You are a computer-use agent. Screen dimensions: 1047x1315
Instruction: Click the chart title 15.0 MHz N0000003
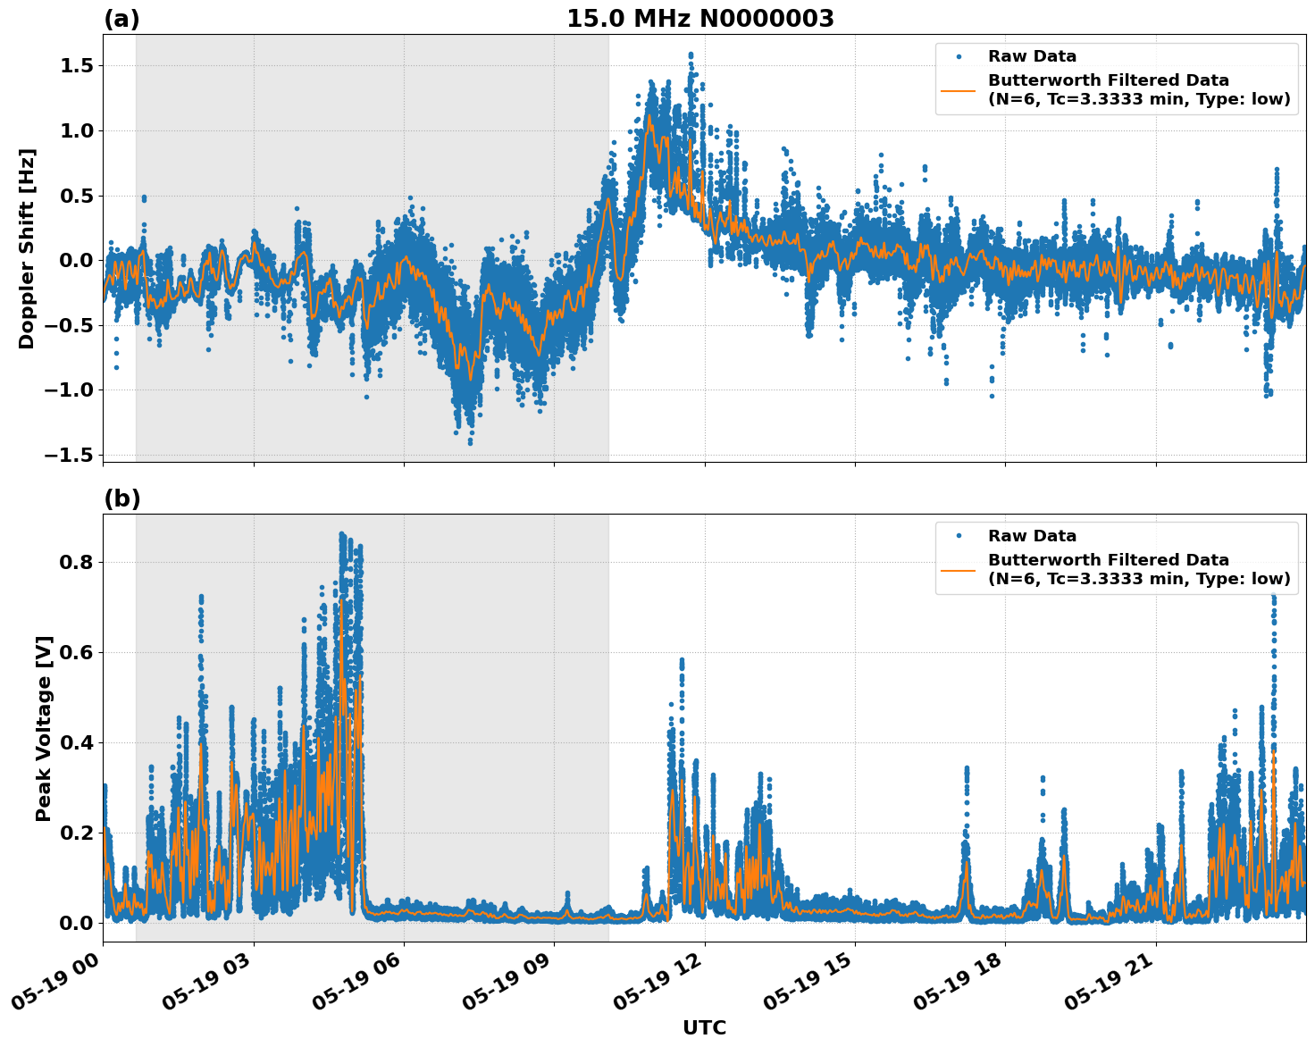(699, 19)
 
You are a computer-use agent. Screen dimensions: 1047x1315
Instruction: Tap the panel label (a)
(121, 19)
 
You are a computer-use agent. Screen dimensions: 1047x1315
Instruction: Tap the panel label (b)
(121, 498)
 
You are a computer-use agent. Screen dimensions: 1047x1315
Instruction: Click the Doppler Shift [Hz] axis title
(27, 248)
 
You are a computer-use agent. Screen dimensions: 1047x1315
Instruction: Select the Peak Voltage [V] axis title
(44, 728)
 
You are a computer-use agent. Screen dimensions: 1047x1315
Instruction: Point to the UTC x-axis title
(704, 1027)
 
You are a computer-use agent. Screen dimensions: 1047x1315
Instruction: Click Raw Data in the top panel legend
(1032, 56)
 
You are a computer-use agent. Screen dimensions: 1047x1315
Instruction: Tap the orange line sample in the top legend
(958, 89)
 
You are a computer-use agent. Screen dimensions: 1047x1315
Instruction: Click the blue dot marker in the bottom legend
(958, 536)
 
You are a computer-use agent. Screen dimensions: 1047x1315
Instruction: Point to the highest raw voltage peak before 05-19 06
(341, 534)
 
